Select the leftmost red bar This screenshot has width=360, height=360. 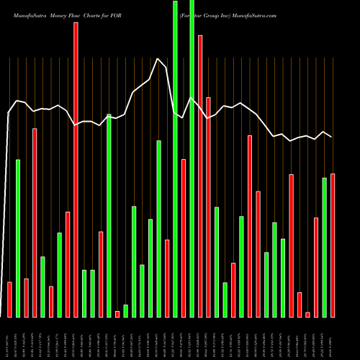pyautogui.click(x=9, y=299)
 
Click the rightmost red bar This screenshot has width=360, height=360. pyautogui.click(x=333, y=245)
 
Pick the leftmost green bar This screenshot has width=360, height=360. pyautogui.click(x=18, y=238)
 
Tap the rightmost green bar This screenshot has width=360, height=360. pyautogui.click(x=324, y=247)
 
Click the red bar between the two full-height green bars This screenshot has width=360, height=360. pyautogui.click(x=184, y=238)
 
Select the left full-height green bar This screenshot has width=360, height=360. pyautogui.click(x=175, y=158)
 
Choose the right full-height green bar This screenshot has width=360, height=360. pyautogui.click(x=192, y=158)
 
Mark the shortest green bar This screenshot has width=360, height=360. pyautogui.click(x=125, y=310)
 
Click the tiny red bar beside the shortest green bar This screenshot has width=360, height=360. pyautogui.click(x=117, y=313)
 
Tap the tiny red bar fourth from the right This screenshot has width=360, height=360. pyautogui.click(x=307, y=314)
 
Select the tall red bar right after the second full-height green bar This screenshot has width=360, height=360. pyautogui.click(x=200, y=176)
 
